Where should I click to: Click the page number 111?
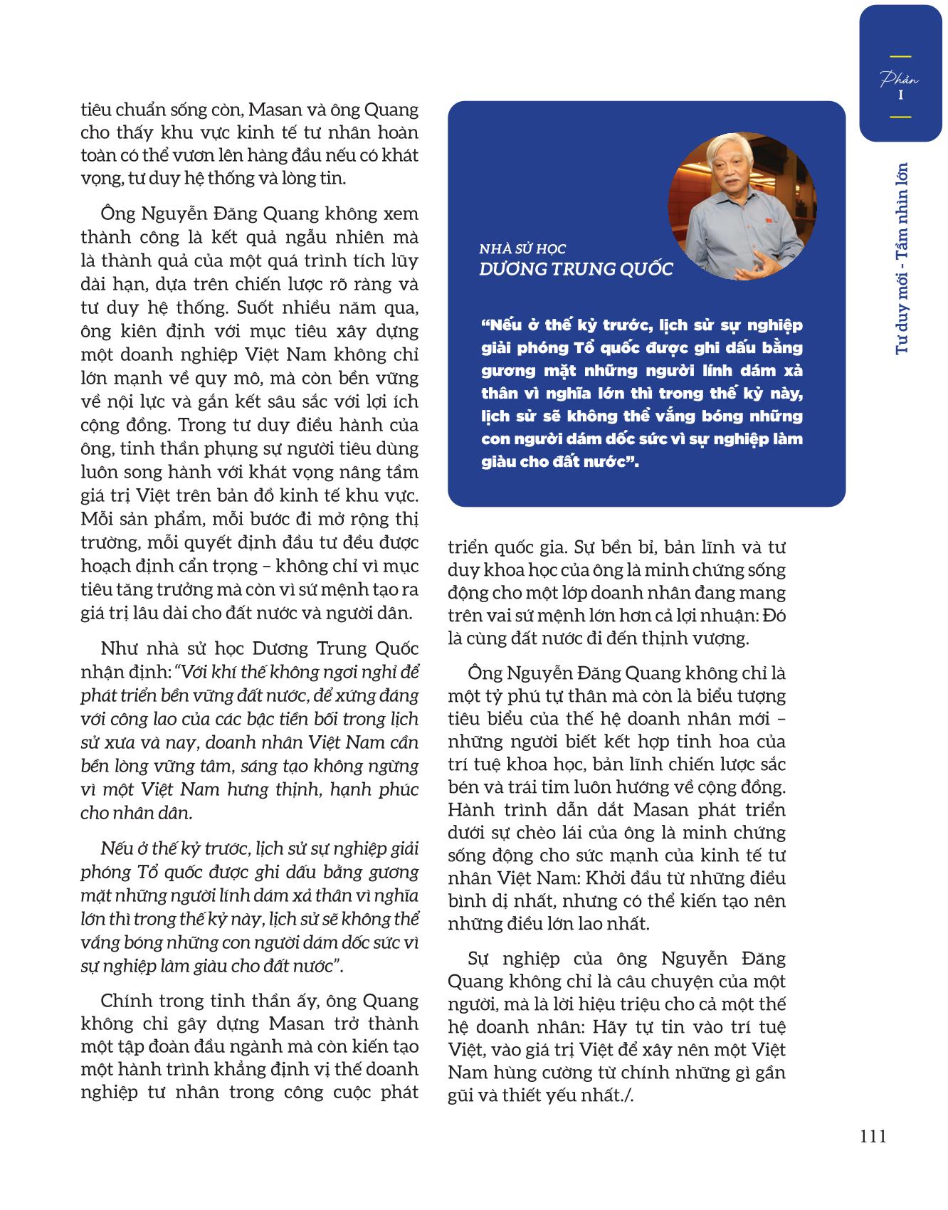click(873, 1136)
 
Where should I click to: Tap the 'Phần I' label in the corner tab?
click(900, 86)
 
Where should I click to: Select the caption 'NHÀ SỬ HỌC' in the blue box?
click(522, 249)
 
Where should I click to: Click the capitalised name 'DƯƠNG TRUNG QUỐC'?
click(576, 269)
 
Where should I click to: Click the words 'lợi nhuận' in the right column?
click(728, 615)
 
